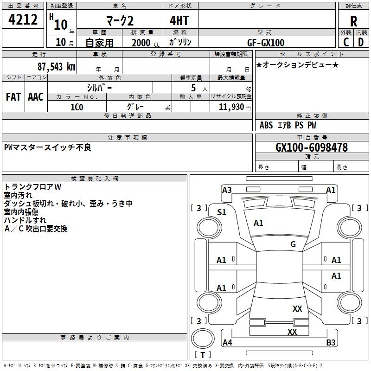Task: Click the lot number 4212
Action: tap(23, 19)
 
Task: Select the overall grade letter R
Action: tap(353, 21)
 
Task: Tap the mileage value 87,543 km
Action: tap(57, 66)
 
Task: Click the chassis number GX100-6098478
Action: tap(312, 147)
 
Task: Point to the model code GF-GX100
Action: tap(266, 43)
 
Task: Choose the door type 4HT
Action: tap(179, 20)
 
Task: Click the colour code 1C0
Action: tap(77, 107)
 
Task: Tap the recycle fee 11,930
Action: tap(231, 107)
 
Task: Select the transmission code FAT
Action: tap(13, 97)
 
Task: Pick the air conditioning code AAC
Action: tap(36, 97)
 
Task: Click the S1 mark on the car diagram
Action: tap(222, 212)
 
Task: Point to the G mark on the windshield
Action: tap(293, 244)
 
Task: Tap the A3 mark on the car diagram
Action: tap(227, 190)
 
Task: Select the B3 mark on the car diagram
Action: tap(331, 342)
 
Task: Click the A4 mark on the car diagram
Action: tap(227, 342)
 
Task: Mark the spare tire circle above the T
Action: tap(203, 338)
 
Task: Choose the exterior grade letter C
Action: tap(346, 42)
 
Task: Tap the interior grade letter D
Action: tap(361, 42)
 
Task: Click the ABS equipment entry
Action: tap(266, 125)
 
